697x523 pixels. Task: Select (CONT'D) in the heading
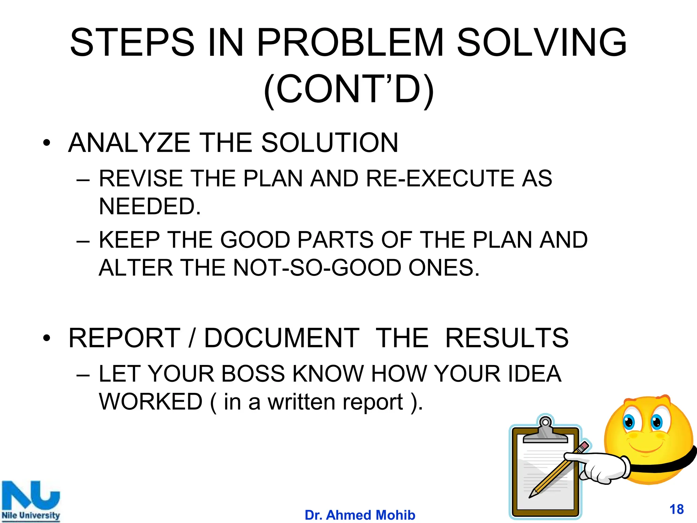[349, 89]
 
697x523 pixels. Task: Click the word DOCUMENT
[282, 338]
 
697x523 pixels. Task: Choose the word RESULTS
[507, 338]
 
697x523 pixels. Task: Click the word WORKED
[151, 402]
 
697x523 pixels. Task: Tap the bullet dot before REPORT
[47, 338]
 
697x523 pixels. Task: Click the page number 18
[677, 509]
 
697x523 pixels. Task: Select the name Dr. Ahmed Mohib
[360, 515]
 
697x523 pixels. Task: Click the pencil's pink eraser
[584, 446]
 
